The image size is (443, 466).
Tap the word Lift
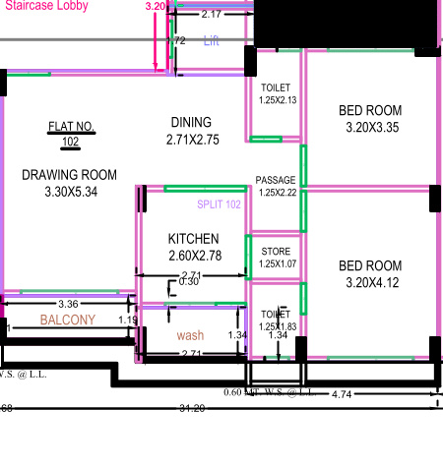click(x=211, y=40)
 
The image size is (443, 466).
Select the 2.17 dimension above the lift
click(x=211, y=15)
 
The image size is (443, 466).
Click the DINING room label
click(x=191, y=122)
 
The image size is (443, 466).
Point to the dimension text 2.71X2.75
click(x=192, y=140)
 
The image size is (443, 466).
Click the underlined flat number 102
click(x=70, y=142)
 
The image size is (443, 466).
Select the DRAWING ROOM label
click(x=69, y=175)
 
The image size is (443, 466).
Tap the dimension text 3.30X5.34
click(x=71, y=192)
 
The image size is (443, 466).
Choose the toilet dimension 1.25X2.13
click(x=277, y=100)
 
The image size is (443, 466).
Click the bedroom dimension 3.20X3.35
click(x=370, y=127)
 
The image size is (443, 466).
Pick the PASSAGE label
click(x=275, y=181)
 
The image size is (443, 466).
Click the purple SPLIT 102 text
click(x=219, y=204)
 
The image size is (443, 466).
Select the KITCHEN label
click(x=193, y=239)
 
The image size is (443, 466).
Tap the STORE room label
click(x=276, y=252)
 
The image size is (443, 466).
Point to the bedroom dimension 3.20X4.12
click(x=370, y=283)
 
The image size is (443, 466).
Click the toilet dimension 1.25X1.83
click(x=277, y=326)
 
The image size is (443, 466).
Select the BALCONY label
click(x=68, y=320)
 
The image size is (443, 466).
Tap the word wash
click(x=190, y=335)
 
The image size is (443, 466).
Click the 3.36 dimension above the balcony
click(x=68, y=304)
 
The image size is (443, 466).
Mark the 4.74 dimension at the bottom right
click(x=342, y=393)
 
